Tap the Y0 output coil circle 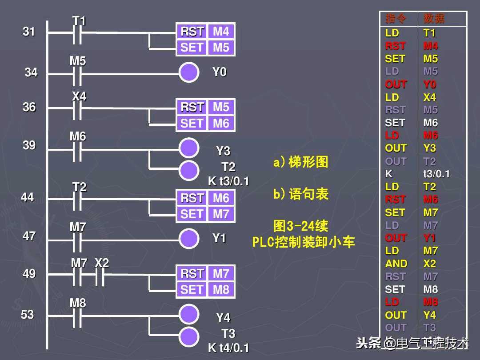[189, 72]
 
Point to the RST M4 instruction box [205, 32]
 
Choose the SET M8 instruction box [205, 290]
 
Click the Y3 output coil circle [189, 147]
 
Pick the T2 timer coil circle [189, 169]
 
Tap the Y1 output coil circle [189, 238]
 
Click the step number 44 [28, 197]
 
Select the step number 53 [28, 315]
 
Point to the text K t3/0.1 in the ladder [228, 181]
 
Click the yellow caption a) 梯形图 [300, 162]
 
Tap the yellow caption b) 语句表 [300, 194]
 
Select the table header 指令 [396, 19]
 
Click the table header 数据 [434, 19]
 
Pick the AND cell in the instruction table [396, 264]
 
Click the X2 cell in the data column [430, 264]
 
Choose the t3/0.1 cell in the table [436, 174]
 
